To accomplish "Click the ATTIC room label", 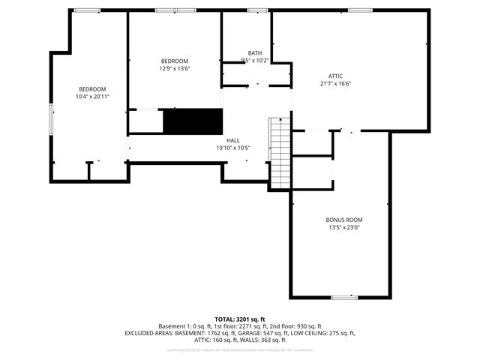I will tap(335, 76).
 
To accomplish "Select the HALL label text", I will tap(233, 140).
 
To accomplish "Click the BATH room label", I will tap(255, 52).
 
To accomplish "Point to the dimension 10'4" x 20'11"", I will tap(93, 97).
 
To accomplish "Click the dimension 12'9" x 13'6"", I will tap(174, 68).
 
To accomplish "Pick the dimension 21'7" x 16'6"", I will tap(335, 83).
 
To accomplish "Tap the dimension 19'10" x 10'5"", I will tap(233, 148).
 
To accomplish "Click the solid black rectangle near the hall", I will tap(193, 121).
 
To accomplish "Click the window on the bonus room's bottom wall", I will tap(343, 298).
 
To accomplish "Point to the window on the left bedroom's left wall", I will tap(51, 120).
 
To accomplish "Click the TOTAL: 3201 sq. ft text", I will tap(240, 319).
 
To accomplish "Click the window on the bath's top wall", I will tap(257, 10).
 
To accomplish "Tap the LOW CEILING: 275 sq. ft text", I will tap(331, 333).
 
